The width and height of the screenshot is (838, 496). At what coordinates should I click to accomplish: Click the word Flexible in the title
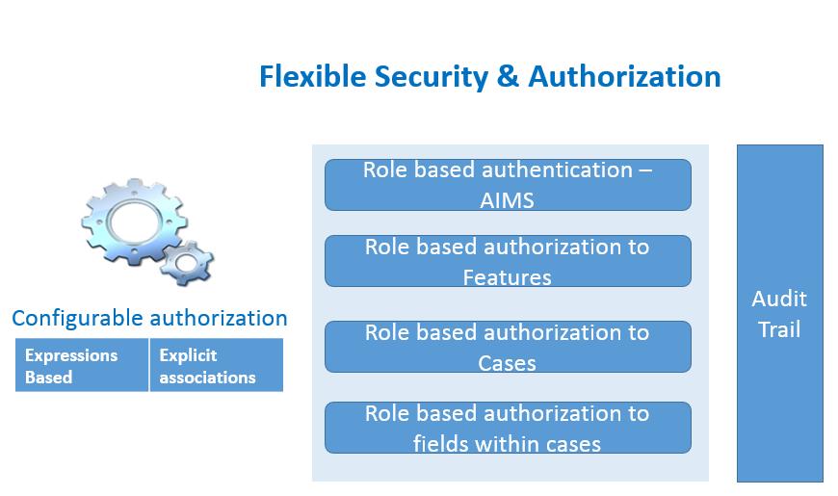313,76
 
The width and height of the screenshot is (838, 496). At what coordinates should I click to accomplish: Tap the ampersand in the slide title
508,76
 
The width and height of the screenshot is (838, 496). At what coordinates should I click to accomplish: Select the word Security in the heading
431,77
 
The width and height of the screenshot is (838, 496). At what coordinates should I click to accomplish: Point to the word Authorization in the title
624,76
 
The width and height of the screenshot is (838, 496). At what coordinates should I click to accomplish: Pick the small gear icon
187,262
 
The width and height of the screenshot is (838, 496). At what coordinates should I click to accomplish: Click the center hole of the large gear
134,221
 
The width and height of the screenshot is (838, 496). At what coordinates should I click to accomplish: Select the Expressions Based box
82,365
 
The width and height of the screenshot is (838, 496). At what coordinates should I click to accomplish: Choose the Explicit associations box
217,365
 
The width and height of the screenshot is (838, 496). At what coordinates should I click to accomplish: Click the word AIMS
507,200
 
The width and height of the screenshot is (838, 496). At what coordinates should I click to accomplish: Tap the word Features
507,277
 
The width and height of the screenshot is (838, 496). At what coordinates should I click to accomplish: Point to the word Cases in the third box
507,363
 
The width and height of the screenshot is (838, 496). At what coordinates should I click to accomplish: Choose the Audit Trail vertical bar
780,313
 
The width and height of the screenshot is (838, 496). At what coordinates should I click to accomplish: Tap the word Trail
779,329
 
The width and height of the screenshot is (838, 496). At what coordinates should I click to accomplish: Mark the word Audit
779,299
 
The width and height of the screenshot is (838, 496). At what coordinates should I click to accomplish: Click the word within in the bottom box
505,444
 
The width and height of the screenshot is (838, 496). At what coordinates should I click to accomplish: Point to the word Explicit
188,356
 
